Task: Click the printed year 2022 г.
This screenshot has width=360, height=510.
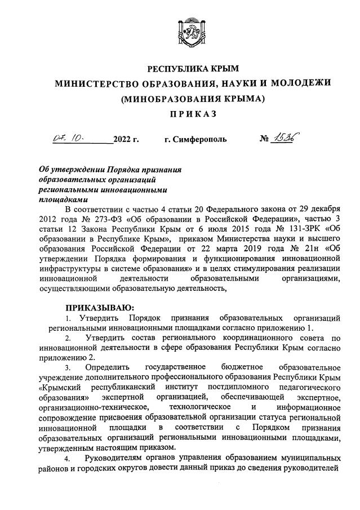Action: tap(126, 139)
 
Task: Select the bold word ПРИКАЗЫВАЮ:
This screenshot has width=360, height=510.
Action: tap(100, 308)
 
